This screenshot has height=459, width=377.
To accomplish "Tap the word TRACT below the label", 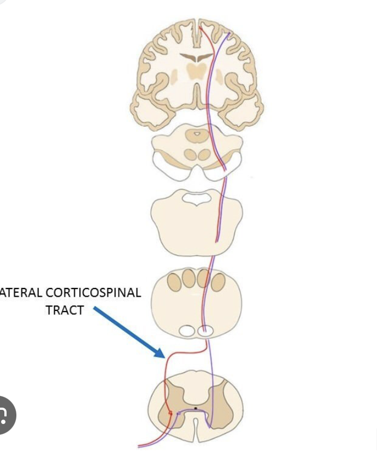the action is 64,310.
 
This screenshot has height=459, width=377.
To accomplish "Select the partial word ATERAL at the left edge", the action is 21,292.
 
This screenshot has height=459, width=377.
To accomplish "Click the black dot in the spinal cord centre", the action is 196,408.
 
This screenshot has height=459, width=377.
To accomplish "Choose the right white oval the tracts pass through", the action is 205,331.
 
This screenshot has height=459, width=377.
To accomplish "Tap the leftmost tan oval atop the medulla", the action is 175,280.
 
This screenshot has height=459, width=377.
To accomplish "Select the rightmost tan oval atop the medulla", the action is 219,281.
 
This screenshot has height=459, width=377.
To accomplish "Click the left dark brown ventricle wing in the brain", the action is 189,57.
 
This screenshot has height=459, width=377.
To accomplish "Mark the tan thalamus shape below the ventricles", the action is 196,69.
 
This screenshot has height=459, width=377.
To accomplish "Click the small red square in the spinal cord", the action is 171,414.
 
